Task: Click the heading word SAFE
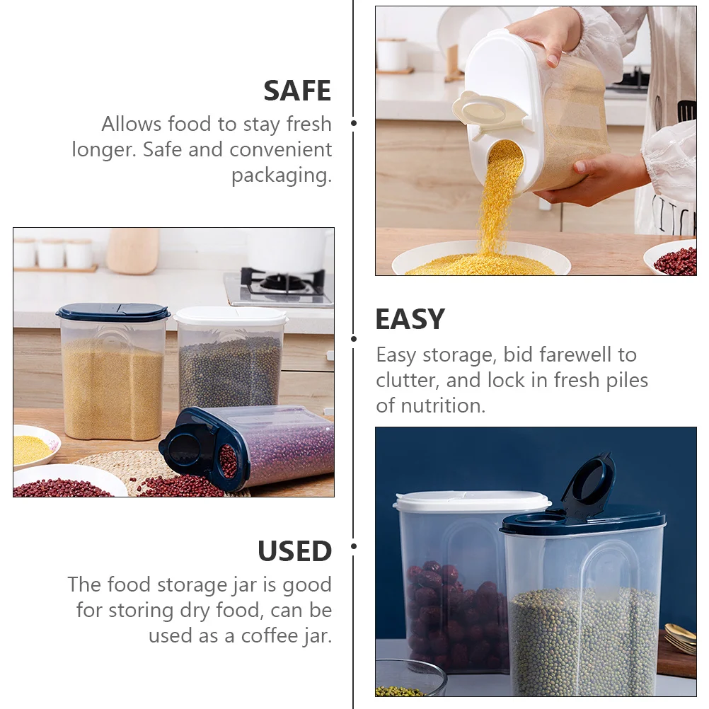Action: pyautogui.click(x=297, y=91)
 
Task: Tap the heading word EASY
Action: pyautogui.click(x=410, y=320)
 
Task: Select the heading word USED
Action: pyautogui.click(x=294, y=551)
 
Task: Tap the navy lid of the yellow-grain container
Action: pyautogui.click(x=113, y=312)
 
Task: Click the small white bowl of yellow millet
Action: pyautogui.click(x=33, y=447)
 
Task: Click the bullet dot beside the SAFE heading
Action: pyautogui.click(x=354, y=124)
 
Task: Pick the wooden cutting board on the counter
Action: pyautogui.click(x=133, y=250)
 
